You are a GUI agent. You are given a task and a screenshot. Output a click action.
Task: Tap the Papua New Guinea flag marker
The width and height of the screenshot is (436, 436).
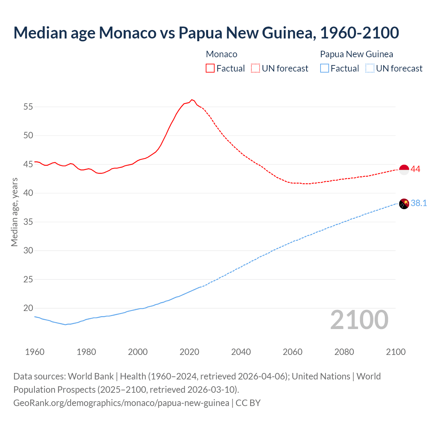[404, 204]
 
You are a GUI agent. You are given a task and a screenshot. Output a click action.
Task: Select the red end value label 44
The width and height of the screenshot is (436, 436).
[416, 169]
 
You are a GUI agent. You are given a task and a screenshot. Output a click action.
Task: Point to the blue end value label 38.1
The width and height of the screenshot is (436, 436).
[419, 203]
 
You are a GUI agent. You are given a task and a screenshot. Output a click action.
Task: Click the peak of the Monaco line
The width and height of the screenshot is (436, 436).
[192, 99]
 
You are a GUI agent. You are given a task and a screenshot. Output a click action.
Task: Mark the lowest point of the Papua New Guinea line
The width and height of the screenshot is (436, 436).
[65, 325]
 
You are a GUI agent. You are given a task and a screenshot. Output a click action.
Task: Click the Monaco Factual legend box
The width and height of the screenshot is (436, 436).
[210, 68]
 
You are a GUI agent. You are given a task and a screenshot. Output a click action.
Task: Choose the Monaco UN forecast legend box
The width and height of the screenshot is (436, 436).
[255, 68]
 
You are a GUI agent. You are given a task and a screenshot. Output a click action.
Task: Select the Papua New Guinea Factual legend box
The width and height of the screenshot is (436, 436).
[325, 68]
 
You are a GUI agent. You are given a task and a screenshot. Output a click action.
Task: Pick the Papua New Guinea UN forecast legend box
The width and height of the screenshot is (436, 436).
[370, 68]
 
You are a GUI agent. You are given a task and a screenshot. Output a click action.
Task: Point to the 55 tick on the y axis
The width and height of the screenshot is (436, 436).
[28, 107]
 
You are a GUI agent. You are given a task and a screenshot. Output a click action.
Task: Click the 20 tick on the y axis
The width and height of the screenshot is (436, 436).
[28, 308]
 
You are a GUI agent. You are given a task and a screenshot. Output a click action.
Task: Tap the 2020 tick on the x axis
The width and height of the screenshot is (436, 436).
[189, 352]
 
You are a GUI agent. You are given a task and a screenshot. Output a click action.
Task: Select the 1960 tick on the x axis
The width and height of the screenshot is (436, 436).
[35, 352]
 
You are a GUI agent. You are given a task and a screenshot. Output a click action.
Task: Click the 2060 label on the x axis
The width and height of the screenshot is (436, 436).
[293, 352]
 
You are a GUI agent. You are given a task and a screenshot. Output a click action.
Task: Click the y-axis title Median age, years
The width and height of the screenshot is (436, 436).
[14, 212]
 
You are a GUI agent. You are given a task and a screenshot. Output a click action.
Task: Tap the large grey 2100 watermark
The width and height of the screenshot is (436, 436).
[359, 320]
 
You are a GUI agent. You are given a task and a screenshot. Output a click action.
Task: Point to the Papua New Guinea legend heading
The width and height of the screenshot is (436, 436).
[356, 54]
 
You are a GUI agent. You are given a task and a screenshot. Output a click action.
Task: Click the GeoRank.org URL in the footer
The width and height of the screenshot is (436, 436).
[121, 403]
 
